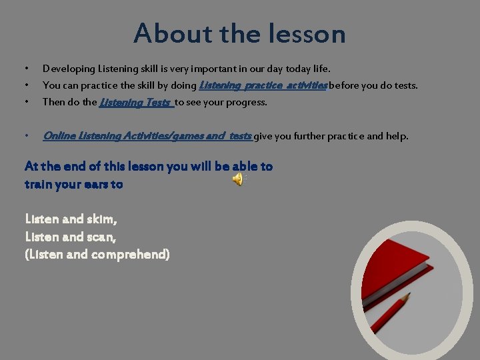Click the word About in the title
click(163, 33)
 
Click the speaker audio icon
click(237, 179)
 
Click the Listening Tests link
click(136, 102)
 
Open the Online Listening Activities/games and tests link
click(147, 136)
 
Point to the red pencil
click(390, 314)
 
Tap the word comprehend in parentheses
click(127, 254)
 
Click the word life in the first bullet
click(320, 69)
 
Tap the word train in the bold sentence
click(39, 184)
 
